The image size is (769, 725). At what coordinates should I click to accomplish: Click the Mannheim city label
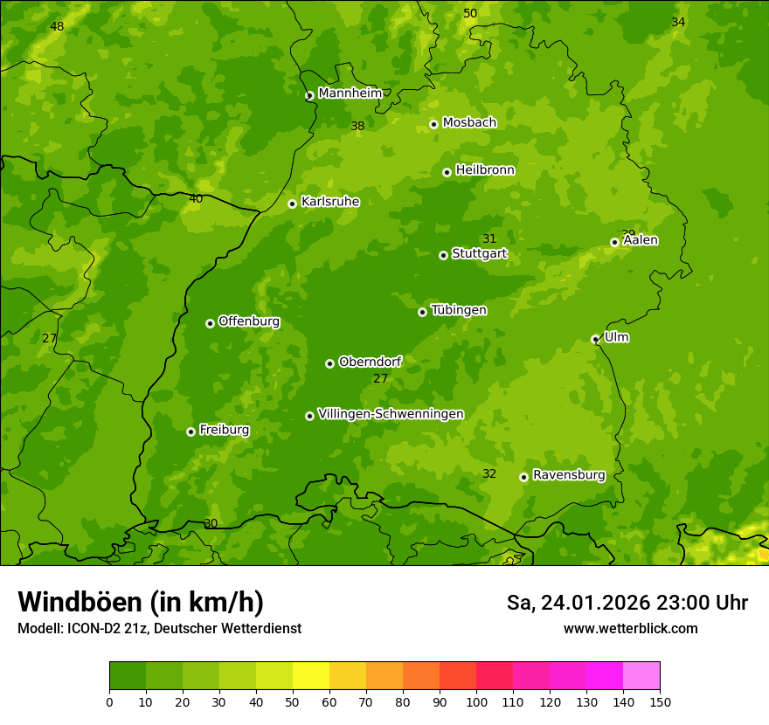coord(350,93)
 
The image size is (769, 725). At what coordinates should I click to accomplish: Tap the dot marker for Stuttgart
coord(443,255)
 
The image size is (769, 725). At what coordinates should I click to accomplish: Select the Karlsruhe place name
coord(329,202)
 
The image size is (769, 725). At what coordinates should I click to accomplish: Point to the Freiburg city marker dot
coord(191,432)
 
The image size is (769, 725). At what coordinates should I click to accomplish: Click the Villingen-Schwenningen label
coord(391,414)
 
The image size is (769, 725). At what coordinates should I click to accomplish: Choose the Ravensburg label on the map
coord(568,475)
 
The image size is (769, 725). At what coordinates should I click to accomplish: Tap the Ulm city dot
coord(595,339)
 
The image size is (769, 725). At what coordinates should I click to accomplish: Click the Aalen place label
coord(640,240)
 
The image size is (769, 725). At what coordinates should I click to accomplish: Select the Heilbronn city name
coord(485,170)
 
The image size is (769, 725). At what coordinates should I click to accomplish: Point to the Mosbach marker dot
coord(433,124)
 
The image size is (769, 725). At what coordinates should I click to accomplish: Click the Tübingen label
coord(458,310)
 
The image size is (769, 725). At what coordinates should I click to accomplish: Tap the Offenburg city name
coord(248,321)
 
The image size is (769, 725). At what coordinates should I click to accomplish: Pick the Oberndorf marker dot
coord(329,363)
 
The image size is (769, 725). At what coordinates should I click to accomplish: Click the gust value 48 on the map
coord(57,27)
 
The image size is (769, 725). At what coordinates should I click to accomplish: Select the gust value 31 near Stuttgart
coord(489,239)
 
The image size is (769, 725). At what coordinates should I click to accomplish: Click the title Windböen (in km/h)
coord(141,602)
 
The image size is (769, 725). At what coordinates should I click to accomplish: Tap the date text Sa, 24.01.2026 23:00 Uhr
coord(627,603)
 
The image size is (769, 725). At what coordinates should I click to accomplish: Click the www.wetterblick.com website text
coord(630,629)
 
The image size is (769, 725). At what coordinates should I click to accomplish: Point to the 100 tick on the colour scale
coord(476,701)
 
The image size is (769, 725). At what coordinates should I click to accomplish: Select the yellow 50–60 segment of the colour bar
coord(311,676)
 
